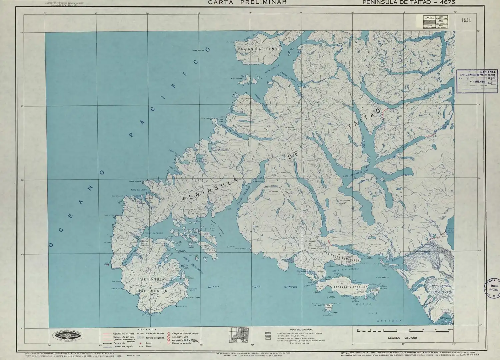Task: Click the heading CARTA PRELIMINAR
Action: point(247,2)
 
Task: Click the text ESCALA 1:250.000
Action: point(402,338)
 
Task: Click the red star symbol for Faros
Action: point(141,343)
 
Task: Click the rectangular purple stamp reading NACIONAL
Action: point(477,79)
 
